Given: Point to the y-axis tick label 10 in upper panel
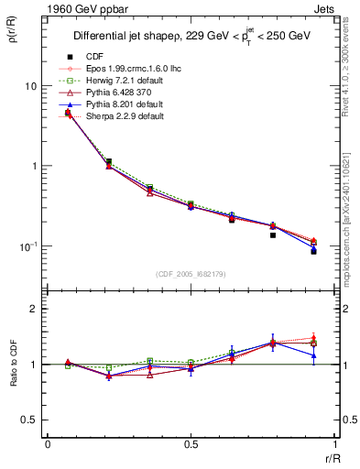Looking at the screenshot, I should [x=31, y=86].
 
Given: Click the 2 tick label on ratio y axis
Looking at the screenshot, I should [x=34, y=309].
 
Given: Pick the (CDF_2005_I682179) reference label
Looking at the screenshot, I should [x=190, y=274].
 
